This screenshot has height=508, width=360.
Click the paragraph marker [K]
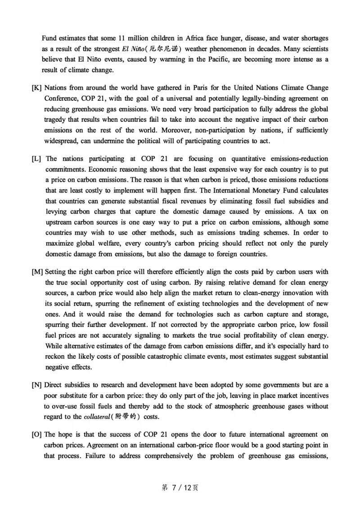(x=37, y=87)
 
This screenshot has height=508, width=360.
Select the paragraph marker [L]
(x=37, y=159)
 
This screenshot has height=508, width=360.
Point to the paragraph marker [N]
(x=37, y=385)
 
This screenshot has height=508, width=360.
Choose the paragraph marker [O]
(x=37, y=435)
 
